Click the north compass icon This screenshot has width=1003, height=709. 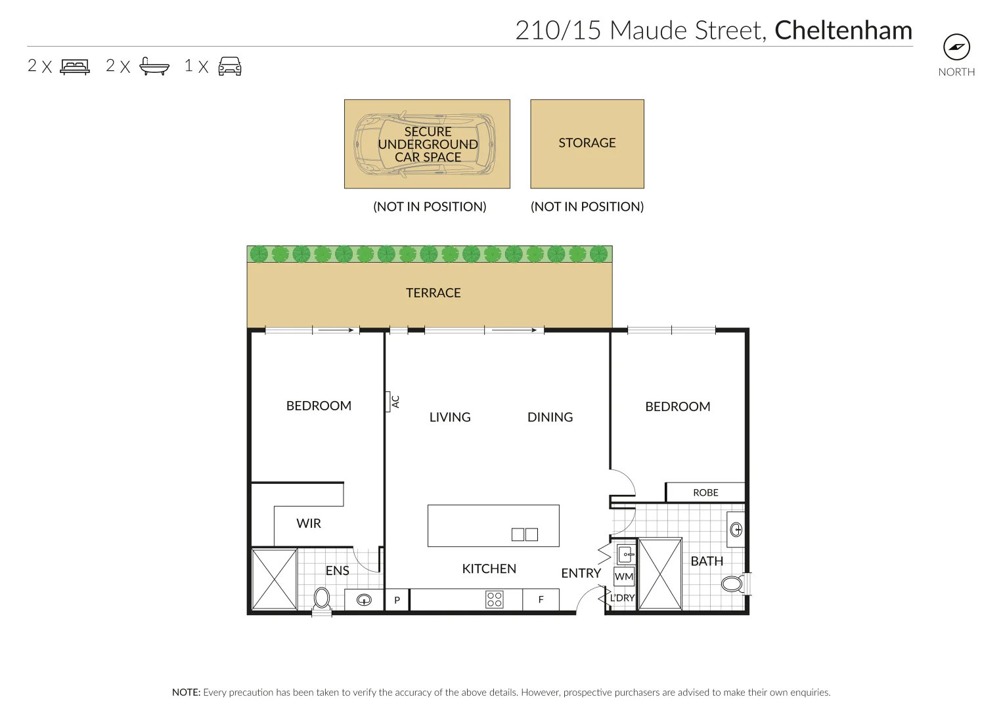(956, 47)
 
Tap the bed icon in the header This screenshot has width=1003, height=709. (75, 66)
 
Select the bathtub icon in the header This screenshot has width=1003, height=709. (154, 66)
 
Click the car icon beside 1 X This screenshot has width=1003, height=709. (230, 66)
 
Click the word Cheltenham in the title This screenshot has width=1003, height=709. (843, 31)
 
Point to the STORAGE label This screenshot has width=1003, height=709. (587, 143)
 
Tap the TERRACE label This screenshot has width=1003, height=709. (433, 293)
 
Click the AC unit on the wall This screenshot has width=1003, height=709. (389, 402)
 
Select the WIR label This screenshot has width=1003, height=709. (309, 523)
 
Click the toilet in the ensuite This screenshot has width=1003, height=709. (322, 598)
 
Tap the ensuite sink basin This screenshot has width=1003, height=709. (365, 600)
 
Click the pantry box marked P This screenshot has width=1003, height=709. (397, 600)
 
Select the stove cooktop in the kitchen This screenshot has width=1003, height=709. (495, 599)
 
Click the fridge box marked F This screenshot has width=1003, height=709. (541, 600)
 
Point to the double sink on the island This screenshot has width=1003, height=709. (525, 534)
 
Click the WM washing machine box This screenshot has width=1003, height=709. (623, 577)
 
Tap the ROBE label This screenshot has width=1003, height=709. (705, 492)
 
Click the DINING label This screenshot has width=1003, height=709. (550, 418)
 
